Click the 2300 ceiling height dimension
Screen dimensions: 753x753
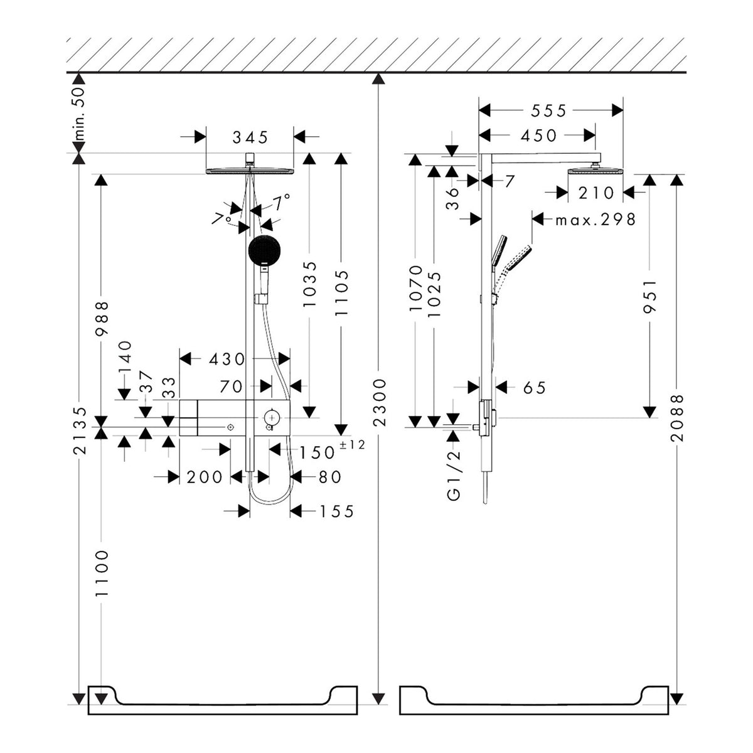click(x=380, y=402)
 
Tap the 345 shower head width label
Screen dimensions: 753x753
click(x=250, y=137)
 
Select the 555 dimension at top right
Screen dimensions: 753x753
click(x=548, y=111)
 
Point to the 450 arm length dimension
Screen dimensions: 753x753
click(x=538, y=136)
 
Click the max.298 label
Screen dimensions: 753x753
click(x=596, y=220)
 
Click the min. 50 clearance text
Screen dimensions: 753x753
click(x=79, y=114)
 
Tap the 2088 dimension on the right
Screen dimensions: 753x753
click(x=677, y=418)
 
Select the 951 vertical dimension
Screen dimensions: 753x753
click(x=650, y=296)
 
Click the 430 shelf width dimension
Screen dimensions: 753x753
click(x=227, y=359)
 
